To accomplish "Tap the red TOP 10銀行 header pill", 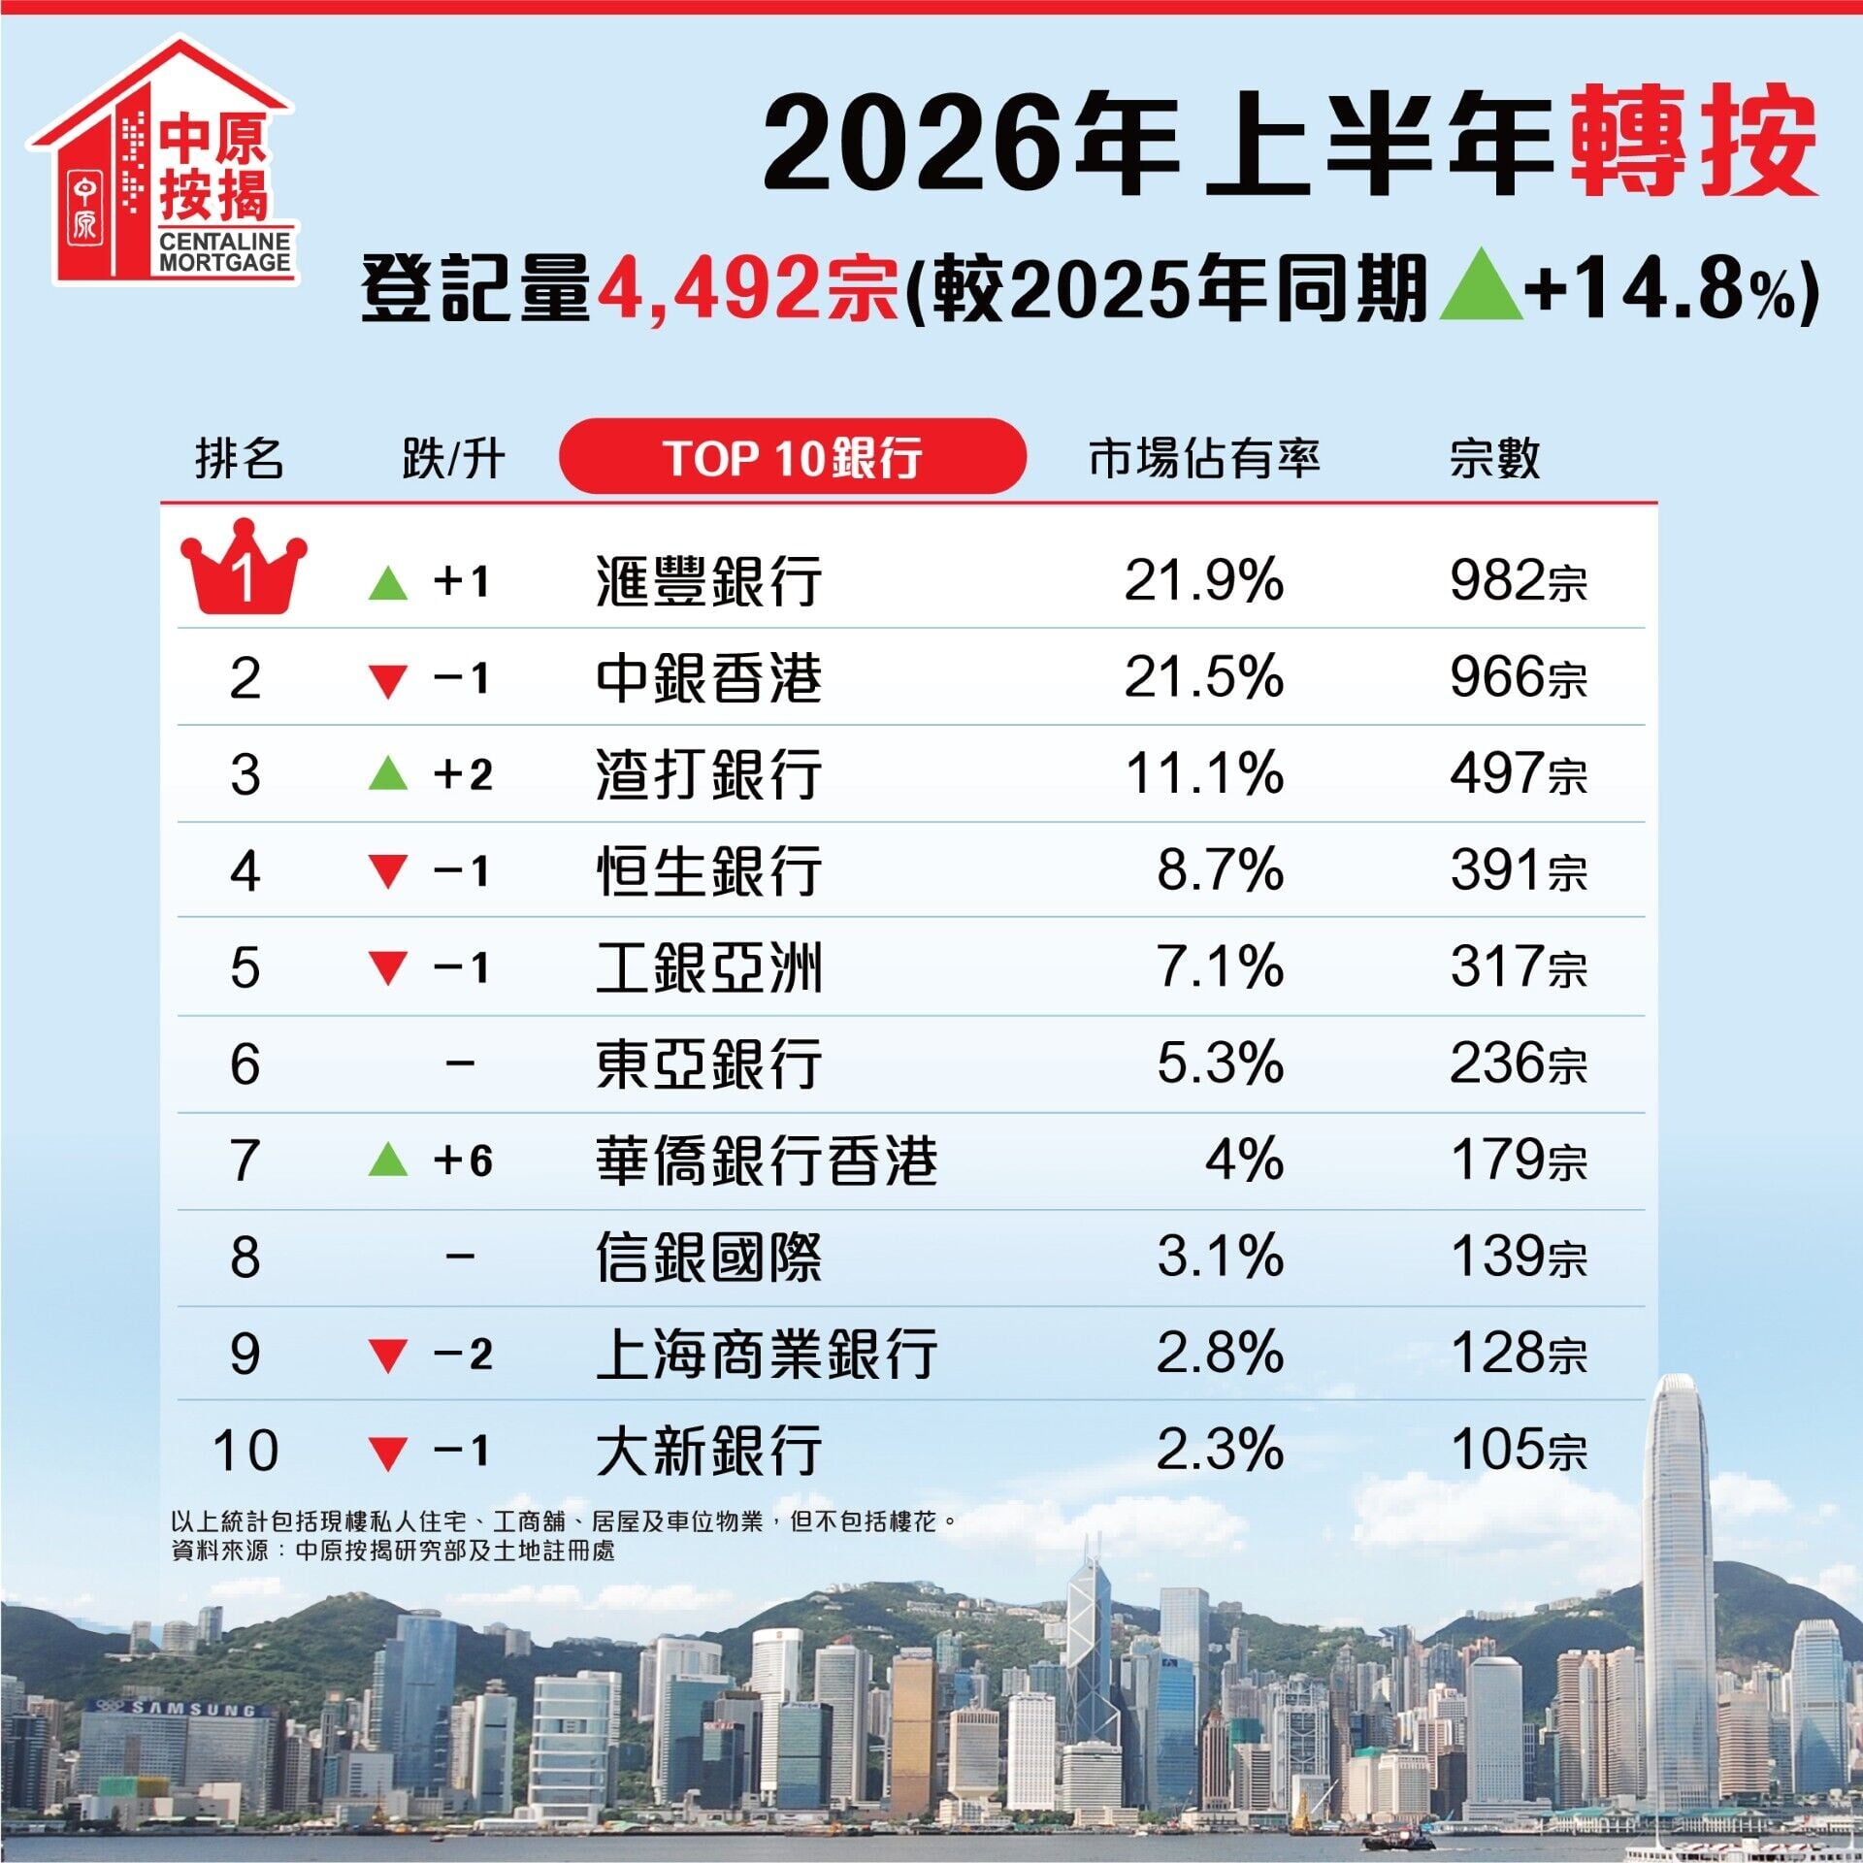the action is pos(793,457).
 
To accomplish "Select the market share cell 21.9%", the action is pos(1204,581).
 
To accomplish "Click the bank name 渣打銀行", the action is pos(709,774).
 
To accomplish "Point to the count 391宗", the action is pos(1519,870).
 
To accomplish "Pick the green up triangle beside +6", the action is pos(388,1160).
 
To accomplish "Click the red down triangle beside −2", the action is pos(388,1356).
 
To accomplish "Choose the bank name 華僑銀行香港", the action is pos(767,1160).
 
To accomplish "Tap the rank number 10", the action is pos(245,1452).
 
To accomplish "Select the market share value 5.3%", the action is pos(1221,1063).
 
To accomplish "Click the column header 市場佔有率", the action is pos(1204,458).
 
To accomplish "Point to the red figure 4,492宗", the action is pos(747,288).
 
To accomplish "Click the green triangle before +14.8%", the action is pos(1481,284).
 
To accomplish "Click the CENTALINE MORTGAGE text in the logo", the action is pos(225,252).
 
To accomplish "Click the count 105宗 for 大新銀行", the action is pos(1519,1452).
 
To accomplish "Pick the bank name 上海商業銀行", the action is pos(767,1354).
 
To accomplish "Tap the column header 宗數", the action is pos(1494,458).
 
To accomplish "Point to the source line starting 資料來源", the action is pos(393,1550).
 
